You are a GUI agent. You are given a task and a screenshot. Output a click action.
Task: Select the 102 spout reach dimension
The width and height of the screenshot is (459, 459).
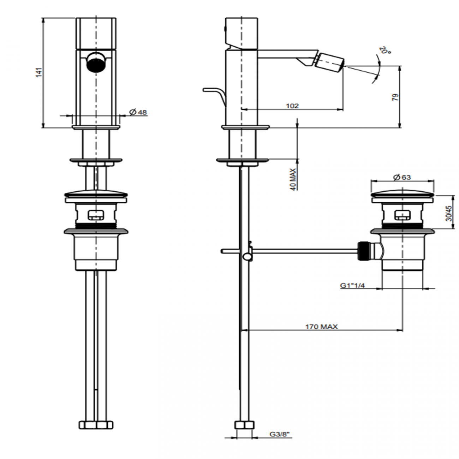pos(292,106)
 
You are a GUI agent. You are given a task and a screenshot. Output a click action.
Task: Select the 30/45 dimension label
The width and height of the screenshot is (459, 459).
pos(448,213)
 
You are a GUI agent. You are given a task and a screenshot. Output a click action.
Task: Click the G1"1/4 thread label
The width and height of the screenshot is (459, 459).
pos(352,285)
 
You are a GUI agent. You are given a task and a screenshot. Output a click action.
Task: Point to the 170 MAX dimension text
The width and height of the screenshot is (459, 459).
pos(321,327)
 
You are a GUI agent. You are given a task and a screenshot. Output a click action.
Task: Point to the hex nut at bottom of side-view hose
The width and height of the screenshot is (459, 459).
pos(244,424)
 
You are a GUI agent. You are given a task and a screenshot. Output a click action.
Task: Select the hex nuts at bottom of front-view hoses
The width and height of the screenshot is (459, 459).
pos(96,424)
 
